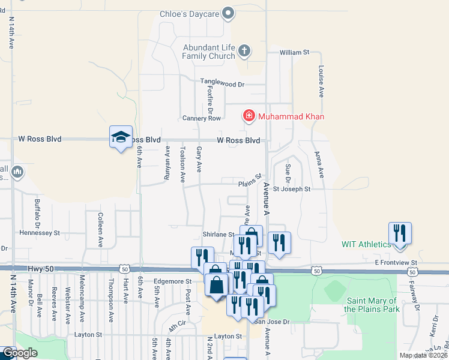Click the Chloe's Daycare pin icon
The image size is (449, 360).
click(228, 13)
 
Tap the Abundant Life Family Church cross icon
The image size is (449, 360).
click(244, 51)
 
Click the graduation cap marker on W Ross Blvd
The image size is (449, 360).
click(121, 137)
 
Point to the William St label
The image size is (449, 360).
click(294, 53)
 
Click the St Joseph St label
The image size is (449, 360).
click(292, 189)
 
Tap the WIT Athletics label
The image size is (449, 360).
click(366, 244)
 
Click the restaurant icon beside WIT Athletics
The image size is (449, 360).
click(399, 235)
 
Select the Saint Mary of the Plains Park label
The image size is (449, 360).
click(372, 305)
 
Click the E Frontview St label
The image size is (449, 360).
click(395, 262)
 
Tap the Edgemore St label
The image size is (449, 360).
click(172, 281)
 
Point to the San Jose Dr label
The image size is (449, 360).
click(271, 322)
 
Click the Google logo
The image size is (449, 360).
click(20, 353)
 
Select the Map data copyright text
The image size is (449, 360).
click(423, 355)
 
